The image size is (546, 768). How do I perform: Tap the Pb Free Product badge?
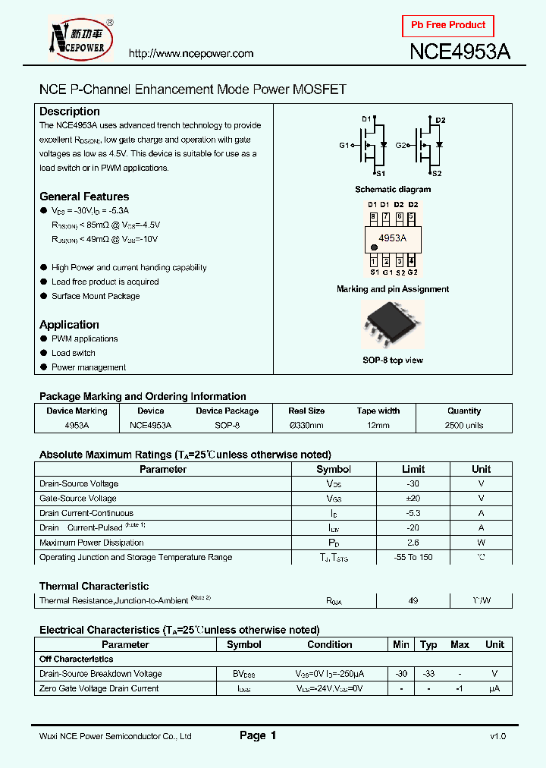(447, 25)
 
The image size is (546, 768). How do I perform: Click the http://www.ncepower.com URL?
(190, 54)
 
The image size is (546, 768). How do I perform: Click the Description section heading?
(70, 112)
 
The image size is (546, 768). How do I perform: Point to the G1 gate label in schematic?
(344, 146)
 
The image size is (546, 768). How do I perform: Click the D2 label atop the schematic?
(441, 121)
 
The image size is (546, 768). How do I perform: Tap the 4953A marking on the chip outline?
(392, 238)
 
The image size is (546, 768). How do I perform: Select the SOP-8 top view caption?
(392, 360)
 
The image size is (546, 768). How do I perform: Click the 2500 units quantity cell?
(464, 426)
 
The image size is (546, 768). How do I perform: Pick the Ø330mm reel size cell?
(306, 426)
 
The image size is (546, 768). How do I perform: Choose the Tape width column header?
(378, 411)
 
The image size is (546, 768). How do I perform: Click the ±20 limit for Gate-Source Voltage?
(413, 499)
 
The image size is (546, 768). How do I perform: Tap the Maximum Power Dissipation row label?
(91, 543)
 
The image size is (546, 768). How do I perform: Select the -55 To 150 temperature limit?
(413, 558)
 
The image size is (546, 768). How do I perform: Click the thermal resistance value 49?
(413, 601)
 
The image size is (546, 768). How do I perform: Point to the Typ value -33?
(428, 674)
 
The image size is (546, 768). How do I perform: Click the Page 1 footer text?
(258, 735)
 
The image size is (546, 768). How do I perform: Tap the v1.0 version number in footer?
(497, 736)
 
